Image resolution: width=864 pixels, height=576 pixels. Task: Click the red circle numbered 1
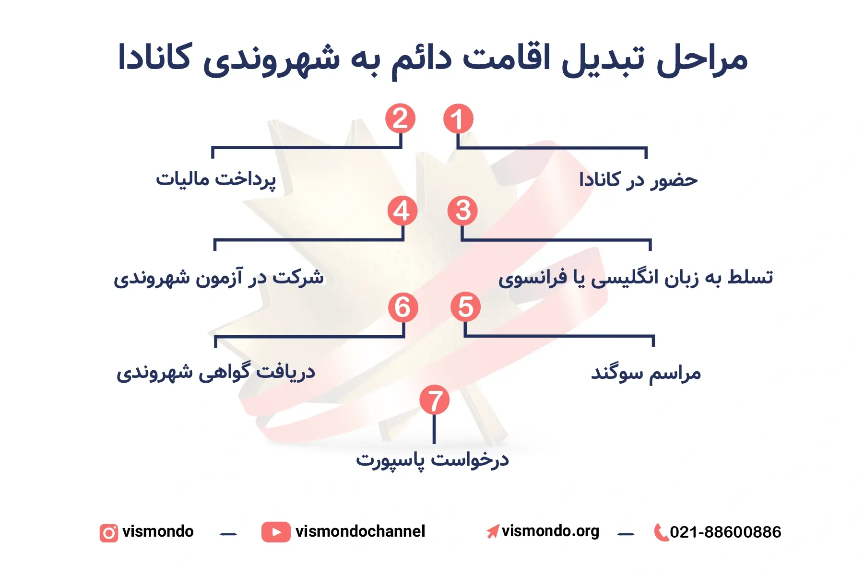coord(458,118)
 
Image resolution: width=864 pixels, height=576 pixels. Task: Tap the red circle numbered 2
coord(400,118)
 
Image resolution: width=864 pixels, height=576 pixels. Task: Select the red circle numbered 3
coord(462,211)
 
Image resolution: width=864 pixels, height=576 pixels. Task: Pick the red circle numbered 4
coord(402,211)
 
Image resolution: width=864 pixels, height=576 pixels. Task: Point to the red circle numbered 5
coord(465,307)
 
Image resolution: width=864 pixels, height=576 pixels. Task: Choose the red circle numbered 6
coord(403,307)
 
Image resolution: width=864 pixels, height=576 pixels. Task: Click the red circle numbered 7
coord(434,400)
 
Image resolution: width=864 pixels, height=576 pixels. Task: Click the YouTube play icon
coord(276,532)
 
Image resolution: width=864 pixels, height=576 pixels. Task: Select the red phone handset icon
coord(661,532)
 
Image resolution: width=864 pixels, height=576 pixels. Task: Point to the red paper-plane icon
coord(493,531)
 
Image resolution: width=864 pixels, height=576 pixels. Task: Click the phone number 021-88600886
coord(725,532)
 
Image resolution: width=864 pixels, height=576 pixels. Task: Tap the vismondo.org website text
coord(550,531)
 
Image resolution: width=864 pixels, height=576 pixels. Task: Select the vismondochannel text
coord(360,531)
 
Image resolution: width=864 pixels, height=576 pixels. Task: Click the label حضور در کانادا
coord(638,180)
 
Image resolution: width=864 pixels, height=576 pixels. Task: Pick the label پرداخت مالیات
coord(216,180)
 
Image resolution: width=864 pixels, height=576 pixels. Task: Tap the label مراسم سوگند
coord(646,373)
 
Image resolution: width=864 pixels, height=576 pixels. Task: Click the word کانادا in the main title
coord(155,58)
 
